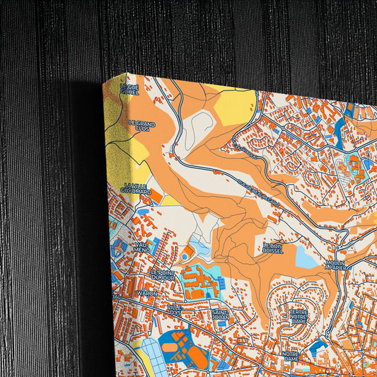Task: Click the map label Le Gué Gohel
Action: [x=129, y=89]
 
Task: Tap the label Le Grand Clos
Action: [x=141, y=126]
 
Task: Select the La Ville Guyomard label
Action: [x=136, y=187]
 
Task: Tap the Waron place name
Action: [x=147, y=293]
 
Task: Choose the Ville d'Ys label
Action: [x=175, y=309]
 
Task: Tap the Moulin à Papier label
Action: [x=335, y=265]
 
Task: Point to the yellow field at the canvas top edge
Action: [x=234, y=106]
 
